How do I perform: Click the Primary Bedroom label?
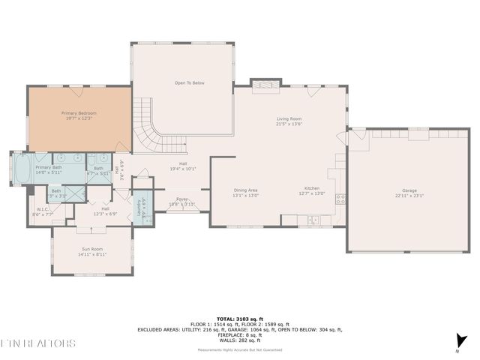pyautogui.click(x=79, y=113)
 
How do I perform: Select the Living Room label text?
pyautogui.click(x=289, y=118)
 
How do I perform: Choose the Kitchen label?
pyautogui.click(x=313, y=190)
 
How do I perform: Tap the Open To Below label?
pyautogui.click(x=190, y=82)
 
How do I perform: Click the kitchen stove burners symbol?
pyautogui.click(x=340, y=199)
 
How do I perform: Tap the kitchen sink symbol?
pyautogui.click(x=313, y=220)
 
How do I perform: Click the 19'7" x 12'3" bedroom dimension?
pyautogui.click(x=79, y=118)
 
